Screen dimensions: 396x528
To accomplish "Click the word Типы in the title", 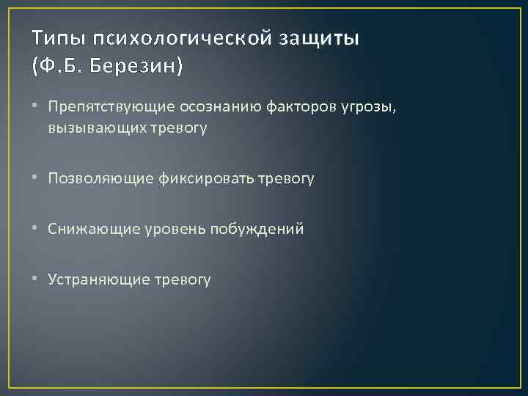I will click(x=56, y=38).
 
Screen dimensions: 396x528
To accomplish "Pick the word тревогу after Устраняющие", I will click(x=182, y=279).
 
